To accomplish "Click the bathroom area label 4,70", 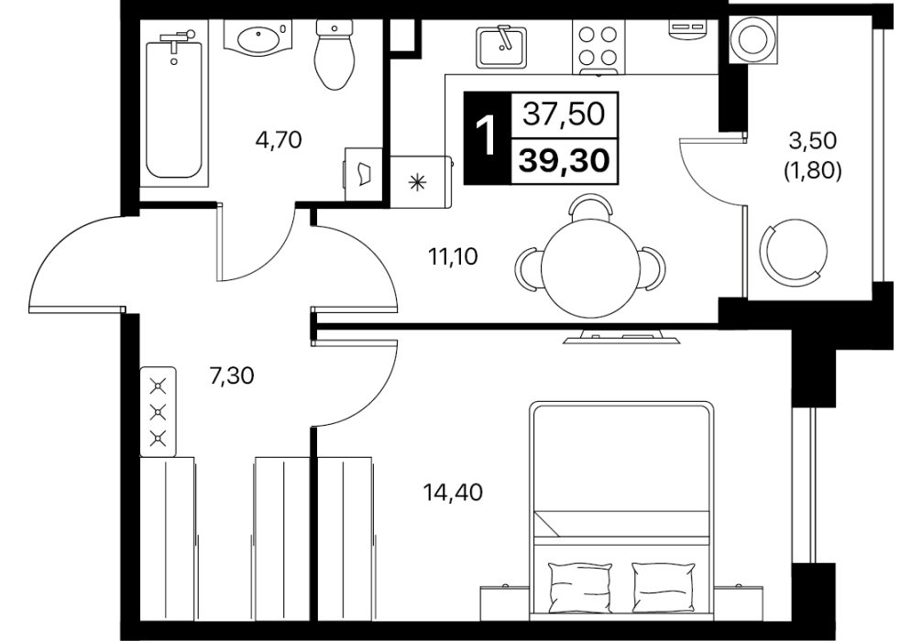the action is click(x=279, y=141).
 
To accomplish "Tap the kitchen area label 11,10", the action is click(x=453, y=256).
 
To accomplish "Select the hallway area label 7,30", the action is click(x=232, y=375).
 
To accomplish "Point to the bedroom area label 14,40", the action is click(x=453, y=492).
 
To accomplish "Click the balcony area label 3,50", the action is click(x=812, y=141).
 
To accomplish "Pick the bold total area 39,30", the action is click(x=564, y=160).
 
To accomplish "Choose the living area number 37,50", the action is click(x=564, y=114).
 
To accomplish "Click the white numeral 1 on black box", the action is click(x=487, y=137).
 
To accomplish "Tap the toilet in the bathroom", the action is click(x=335, y=55).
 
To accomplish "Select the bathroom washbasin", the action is click(x=258, y=38).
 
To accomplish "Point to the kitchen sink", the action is click(x=501, y=45).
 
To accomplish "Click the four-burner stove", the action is click(x=598, y=47).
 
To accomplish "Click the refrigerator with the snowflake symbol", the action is click(x=420, y=181).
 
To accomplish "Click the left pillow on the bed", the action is click(x=580, y=586).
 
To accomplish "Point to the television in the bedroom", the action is click(x=621, y=337).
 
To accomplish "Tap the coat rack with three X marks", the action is click(x=159, y=411).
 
